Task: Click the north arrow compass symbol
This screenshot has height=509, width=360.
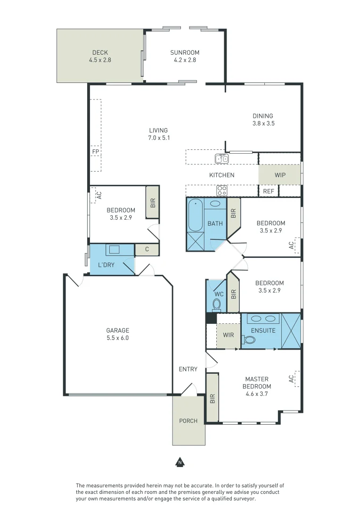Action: pos(180,462)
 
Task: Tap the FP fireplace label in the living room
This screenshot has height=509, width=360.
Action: pos(96,152)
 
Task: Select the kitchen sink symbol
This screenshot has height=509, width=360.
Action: pos(221,158)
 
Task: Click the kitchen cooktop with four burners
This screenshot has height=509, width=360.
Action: pos(221,190)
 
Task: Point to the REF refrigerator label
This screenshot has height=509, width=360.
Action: pos(269,191)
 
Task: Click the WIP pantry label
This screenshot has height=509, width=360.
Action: pos(280,175)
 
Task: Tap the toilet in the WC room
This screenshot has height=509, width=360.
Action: pos(216,305)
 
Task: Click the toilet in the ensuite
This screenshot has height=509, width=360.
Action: pos(247,340)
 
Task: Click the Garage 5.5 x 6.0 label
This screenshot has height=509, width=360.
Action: pos(117,334)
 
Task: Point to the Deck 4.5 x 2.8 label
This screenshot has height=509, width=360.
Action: pos(100,56)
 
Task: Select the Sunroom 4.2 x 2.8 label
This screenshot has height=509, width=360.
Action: pos(185,56)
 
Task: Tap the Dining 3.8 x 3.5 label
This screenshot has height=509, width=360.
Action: pos(263,120)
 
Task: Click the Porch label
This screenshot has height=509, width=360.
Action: pos(188,421)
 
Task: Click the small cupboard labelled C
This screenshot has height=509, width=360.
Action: pos(147,249)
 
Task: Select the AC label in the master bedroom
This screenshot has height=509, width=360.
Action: pos(292,378)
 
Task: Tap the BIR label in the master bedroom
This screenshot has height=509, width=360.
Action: pos(213,399)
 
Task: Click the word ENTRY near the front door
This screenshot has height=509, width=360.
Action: pos(188,369)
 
